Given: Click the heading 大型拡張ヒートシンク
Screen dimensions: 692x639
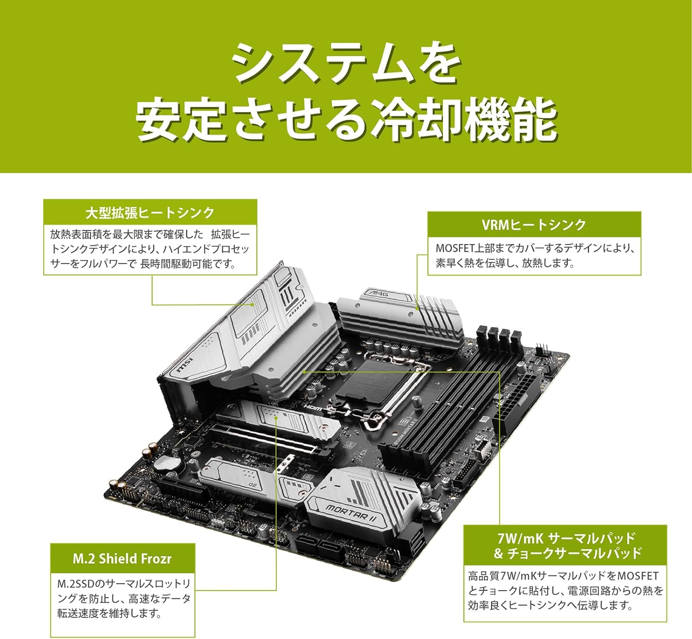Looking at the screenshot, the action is coord(150,213).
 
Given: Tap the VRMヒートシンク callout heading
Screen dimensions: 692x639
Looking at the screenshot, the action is coord(534,225).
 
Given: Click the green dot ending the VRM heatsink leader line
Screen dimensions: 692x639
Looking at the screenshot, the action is coord(418,309).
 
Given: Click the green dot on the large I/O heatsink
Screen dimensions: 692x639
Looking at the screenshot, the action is coord(253,305).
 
